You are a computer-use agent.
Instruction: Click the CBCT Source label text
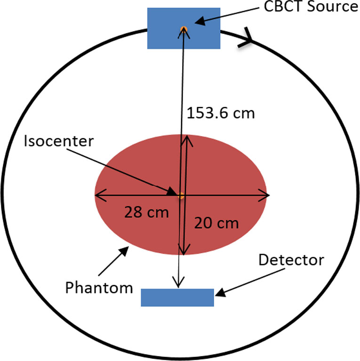311,6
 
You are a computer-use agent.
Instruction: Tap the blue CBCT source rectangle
184,28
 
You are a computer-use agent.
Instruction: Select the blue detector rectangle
177,297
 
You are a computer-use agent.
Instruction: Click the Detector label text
291,260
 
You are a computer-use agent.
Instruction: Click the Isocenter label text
59,141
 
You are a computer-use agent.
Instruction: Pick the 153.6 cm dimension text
221,113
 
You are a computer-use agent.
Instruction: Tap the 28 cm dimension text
147,212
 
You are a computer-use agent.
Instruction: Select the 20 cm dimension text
216,223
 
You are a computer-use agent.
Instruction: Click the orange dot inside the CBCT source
184,29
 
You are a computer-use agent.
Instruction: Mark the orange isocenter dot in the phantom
181,196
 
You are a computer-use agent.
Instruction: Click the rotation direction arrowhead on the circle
246,38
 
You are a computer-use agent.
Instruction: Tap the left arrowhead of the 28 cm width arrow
101,195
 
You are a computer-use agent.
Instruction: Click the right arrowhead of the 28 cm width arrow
264,195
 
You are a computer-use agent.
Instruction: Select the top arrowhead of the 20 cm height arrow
187,141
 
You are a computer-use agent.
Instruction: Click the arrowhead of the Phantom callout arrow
125,250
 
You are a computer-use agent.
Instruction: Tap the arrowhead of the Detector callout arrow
220,293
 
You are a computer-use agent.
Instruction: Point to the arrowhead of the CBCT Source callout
200,21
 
